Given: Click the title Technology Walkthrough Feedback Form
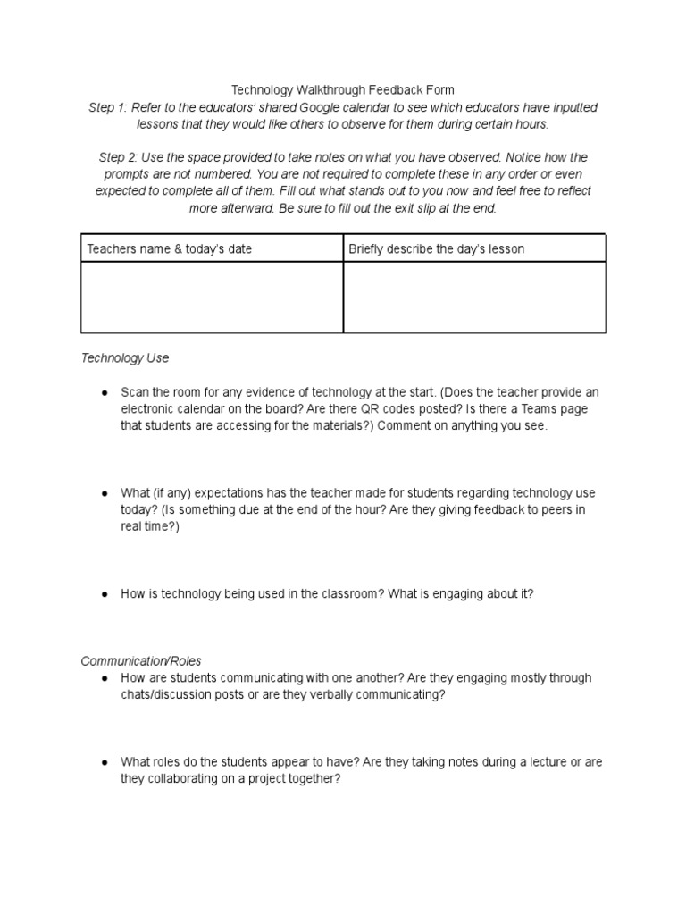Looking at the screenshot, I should point(343,89).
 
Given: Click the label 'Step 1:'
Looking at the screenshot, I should point(108,107).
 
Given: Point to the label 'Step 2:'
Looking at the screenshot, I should point(118,157).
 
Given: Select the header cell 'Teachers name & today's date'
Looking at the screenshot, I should point(169,248).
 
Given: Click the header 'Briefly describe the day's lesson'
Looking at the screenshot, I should point(436,248).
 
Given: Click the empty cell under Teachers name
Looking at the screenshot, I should point(212,297).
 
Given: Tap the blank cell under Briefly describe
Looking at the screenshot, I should point(474,297).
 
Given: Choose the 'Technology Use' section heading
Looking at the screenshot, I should point(124,358).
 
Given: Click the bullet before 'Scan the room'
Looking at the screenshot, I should point(105,392).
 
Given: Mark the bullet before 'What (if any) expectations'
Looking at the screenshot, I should point(105,493).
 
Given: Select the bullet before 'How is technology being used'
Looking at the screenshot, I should point(105,593).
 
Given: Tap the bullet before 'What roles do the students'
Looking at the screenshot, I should point(105,762).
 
